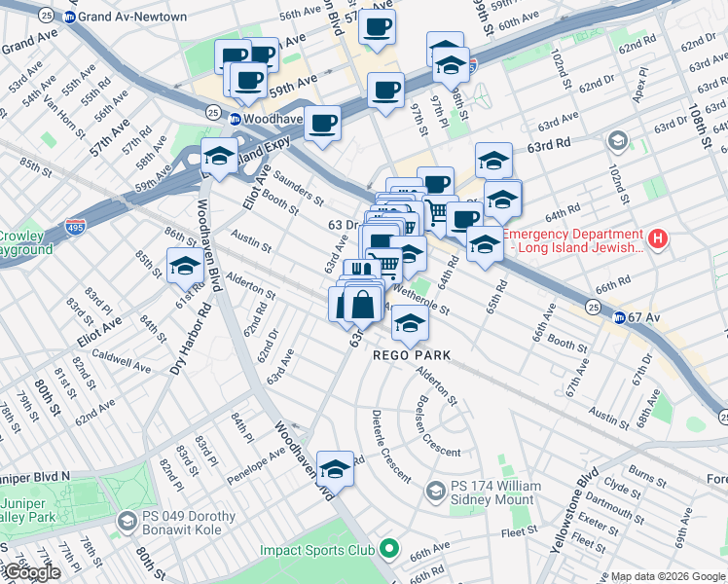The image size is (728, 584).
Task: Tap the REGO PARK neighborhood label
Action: (x=412, y=355)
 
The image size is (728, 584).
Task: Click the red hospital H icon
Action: (x=659, y=238)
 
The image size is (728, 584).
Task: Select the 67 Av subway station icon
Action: (x=619, y=317)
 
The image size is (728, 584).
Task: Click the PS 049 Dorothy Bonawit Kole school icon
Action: (x=127, y=523)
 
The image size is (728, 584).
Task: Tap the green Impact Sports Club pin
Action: (x=389, y=550)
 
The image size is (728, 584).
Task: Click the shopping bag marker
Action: (x=362, y=304)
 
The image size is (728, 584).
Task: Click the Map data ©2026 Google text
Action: (x=668, y=576)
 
